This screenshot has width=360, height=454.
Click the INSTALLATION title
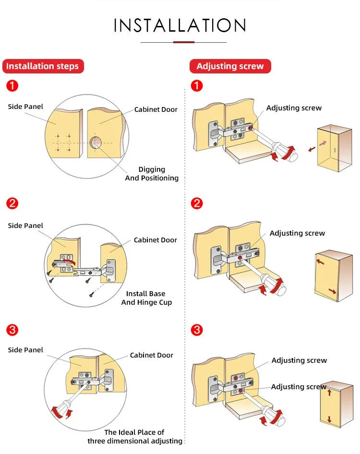point(180,25)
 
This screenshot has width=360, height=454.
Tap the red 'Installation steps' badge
point(43,66)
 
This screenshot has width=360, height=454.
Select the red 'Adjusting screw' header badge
point(230,66)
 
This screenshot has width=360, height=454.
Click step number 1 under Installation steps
point(12,86)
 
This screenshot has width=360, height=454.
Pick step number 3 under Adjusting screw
point(197,330)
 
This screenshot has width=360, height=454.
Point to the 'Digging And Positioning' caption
point(152,174)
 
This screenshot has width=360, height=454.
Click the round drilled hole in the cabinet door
point(96,143)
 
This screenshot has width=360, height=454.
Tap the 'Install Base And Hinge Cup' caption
point(146,298)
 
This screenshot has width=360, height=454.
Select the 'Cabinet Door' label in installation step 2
point(155,240)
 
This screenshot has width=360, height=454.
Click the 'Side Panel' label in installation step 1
point(25,107)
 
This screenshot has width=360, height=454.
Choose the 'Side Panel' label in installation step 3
point(25,350)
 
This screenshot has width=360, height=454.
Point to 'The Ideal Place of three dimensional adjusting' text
point(135,437)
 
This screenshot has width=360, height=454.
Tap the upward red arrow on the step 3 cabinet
point(329,392)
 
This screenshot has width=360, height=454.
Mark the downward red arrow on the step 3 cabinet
point(329,419)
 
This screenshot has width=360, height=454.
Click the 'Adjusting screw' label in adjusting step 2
point(297,233)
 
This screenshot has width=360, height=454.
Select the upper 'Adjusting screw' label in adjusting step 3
point(299,360)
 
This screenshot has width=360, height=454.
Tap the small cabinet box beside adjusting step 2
point(333,275)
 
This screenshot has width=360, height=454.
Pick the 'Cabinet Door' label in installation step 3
point(151,356)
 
